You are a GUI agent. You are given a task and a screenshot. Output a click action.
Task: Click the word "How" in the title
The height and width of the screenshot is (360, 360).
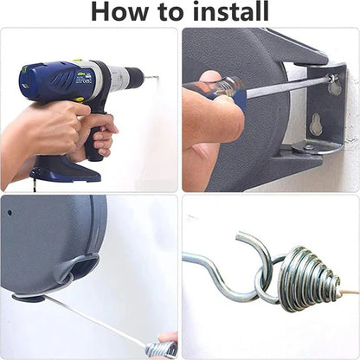click(122, 12)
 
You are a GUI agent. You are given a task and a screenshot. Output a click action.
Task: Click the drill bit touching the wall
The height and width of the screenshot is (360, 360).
click(151, 77)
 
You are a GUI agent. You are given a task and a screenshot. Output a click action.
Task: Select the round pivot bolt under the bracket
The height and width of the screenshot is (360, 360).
click(309, 148)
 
